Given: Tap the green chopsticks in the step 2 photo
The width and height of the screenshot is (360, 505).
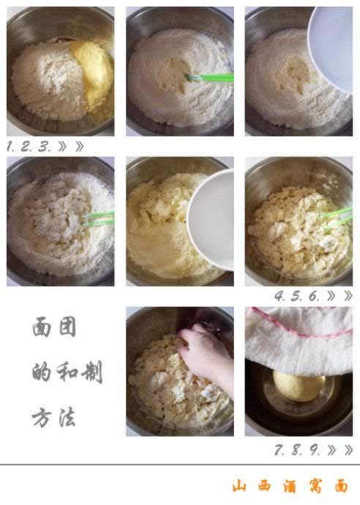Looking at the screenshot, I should (x=211, y=77).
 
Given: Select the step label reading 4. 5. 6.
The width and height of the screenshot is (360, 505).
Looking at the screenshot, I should (x=297, y=296).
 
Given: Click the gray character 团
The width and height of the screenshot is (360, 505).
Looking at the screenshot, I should (x=67, y=327).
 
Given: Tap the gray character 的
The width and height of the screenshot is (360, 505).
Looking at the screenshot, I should (x=41, y=373).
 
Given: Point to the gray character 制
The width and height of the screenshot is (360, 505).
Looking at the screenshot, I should (x=91, y=373).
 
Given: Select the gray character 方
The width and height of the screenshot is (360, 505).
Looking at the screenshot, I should (x=41, y=418).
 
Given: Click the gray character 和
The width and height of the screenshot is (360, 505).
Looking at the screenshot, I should (x=67, y=373).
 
